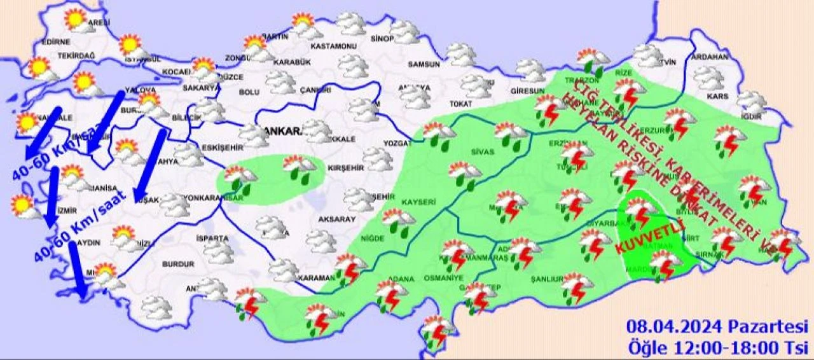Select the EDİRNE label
click(55, 42)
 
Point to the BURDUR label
click(178, 263)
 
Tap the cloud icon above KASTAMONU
click(351, 24)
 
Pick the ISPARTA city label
click(212, 239)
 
